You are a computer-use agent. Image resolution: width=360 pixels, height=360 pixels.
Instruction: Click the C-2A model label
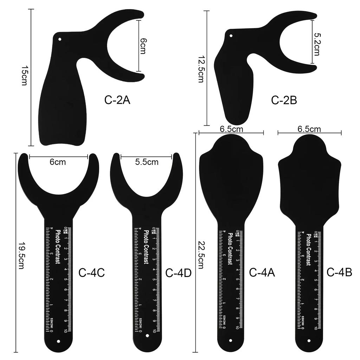tap(117, 100)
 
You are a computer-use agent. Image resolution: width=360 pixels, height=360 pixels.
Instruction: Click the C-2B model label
tap(284, 100)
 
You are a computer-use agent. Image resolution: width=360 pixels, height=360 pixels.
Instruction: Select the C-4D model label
tap(178, 272)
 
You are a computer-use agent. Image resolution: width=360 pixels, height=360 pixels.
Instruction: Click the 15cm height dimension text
tap(24, 77)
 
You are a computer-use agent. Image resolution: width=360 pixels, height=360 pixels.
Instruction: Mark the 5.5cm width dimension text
tap(147, 162)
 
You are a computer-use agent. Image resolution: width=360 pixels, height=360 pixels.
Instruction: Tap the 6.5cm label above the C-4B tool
tap(309, 129)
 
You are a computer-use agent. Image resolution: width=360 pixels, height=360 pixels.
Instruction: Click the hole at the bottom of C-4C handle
tap(59, 341)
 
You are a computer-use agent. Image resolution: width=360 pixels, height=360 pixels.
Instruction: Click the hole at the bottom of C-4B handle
tap(309, 340)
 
